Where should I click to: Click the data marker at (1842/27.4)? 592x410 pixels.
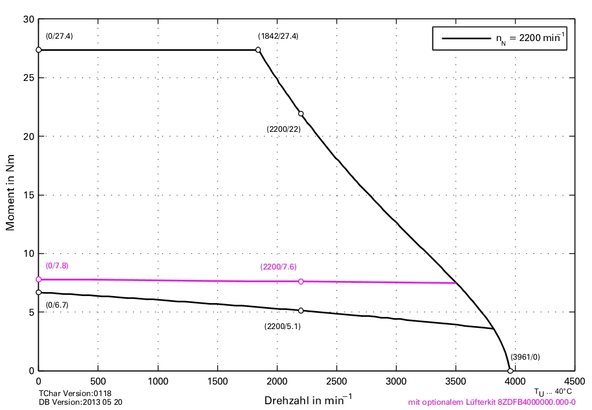258,50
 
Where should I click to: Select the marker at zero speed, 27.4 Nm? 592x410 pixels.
39,50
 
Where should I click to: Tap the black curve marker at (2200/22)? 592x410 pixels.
301,113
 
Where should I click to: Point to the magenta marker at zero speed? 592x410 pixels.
39,279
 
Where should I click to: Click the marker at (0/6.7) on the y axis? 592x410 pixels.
39,293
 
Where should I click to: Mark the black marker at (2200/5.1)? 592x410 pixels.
301,311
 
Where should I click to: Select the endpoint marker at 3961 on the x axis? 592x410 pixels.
510,371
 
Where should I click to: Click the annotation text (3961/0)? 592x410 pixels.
525,357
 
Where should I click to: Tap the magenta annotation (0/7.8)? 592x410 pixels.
57,265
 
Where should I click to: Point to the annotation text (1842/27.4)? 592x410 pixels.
278,36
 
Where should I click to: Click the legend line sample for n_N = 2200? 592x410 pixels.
466,39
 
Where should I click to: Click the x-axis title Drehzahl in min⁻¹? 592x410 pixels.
308,400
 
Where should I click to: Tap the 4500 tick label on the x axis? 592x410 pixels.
574,382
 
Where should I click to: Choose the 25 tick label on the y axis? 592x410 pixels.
28,77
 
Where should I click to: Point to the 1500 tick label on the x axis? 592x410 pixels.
217,382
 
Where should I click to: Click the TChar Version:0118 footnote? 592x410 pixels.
75,393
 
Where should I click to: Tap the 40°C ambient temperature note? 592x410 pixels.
553,391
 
